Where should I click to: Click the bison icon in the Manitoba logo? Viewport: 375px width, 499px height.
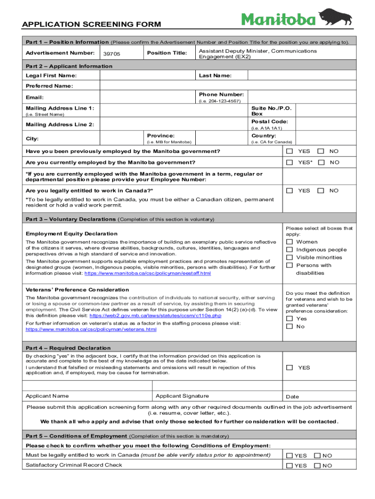pyautogui.click(x=336, y=16)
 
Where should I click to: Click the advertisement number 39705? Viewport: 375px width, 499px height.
pyautogui.click(x=112, y=54)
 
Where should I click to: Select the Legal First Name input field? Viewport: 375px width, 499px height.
pyautogui.click(x=136, y=76)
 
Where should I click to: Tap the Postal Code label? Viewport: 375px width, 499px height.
pyautogui.click(x=269, y=121)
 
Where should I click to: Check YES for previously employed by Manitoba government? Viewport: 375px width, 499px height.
pyautogui.click(x=290, y=151)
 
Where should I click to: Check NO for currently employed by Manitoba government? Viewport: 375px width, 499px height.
pyautogui.click(x=320, y=162)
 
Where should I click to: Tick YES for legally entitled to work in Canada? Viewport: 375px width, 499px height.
pyautogui.click(x=290, y=191)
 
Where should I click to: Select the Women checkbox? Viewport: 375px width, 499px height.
pyautogui.click(x=289, y=242)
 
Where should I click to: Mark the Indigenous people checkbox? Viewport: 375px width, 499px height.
pyautogui.click(x=289, y=249)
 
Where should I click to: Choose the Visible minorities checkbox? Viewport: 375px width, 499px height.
pyautogui.click(x=289, y=257)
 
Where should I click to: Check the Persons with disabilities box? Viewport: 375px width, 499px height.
pyautogui.click(x=289, y=265)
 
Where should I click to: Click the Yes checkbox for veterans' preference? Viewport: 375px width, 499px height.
pyautogui.click(x=289, y=319)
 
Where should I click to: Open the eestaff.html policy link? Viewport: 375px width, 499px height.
pyautogui.click(x=148, y=273)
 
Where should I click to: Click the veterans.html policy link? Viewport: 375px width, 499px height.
pyautogui.click(x=91, y=329)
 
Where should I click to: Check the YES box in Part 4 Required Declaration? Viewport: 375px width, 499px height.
pyautogui.click(x=290, y=367)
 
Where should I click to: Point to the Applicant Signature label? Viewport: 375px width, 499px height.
pyautogui.click(x=182, y=396)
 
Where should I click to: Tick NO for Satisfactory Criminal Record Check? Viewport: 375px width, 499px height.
pyautogui.click(x=318, y=466)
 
